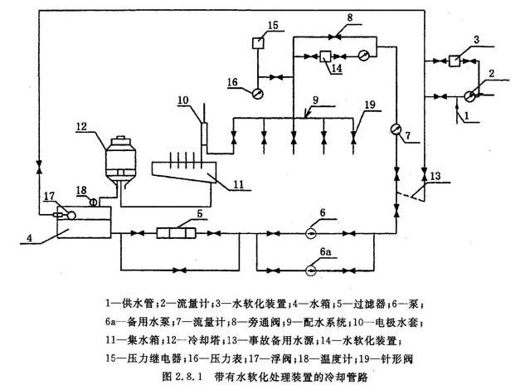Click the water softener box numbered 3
[x=453, y=60]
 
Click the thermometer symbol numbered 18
[x=93, y=202]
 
